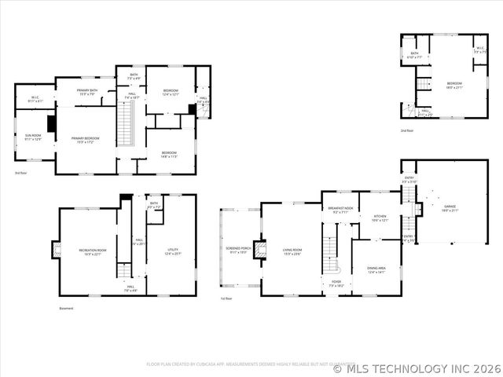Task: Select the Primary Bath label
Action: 87,92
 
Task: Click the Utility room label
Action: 173,252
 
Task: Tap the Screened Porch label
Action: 240,251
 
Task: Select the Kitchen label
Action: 380,218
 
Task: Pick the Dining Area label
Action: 376,269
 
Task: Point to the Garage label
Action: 449,208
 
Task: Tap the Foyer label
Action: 336,283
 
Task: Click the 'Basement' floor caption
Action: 66,309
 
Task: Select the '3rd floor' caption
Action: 20,172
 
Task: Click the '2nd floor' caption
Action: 407,130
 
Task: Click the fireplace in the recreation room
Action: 56,251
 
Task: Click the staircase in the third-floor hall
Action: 123,125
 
